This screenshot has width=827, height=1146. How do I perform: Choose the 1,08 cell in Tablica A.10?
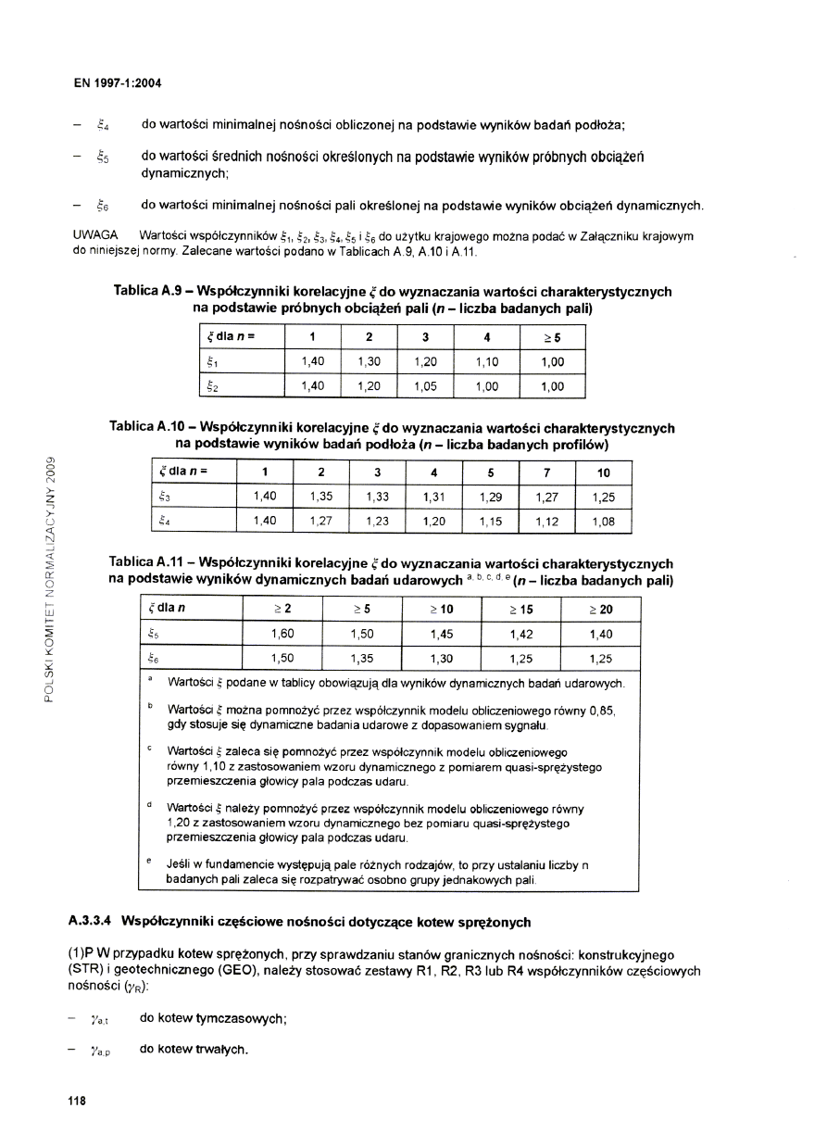pos(602,523)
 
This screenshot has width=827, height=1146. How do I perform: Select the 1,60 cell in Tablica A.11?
pos(282,635)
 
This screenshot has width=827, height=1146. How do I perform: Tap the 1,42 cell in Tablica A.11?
pos(521,635)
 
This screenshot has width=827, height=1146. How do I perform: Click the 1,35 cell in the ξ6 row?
pos(361,659)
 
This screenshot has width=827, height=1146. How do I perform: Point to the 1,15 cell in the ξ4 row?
pos(491,523)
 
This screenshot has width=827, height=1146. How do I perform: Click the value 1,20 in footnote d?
pos(180,822)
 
